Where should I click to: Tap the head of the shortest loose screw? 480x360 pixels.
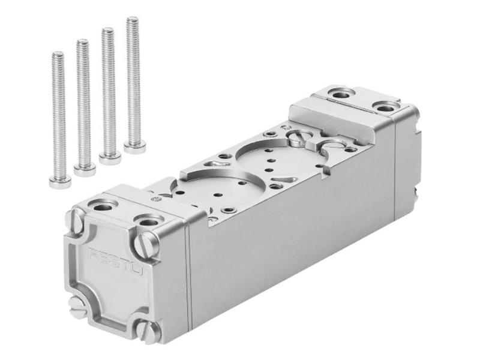[60, 181]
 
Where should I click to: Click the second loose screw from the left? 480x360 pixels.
[84, 105]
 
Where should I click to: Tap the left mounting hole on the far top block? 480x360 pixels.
[343, 94]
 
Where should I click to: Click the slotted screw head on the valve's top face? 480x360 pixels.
[298, 139]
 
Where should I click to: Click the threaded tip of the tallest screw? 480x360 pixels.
[132, 22]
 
